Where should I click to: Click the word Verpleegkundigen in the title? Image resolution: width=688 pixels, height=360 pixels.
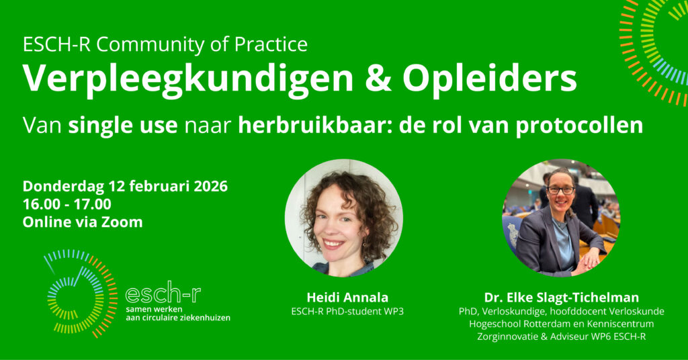pyautogui.click(x=188, y=79)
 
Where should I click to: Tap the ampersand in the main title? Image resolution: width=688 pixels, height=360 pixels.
pyautogui.click(x=378, y=79)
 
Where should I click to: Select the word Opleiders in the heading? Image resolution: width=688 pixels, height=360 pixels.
pyautogui.click(x=489, y=79)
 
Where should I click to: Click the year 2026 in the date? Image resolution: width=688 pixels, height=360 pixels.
pyautogui.click(x=210, y=186)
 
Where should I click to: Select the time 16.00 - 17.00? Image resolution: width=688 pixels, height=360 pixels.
pyautogui.click(x=67, y=204)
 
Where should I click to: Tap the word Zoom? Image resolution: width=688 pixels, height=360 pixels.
pyautogui.click(x=122, y=222)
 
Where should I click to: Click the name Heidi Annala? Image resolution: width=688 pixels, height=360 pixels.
pyautogui.click(x=347, y=298)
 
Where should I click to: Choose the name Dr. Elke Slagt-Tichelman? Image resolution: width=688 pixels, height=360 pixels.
pyautogui.click(x=561, y=298)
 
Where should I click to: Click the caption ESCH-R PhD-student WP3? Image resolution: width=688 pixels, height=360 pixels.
pyautogui.click(x=347, y=312)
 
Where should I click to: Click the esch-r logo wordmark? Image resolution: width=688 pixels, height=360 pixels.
pyautogui.click(x=163, y=294)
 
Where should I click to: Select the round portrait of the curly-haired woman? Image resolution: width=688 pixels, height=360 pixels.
pyautogui.click(x=343, y=218)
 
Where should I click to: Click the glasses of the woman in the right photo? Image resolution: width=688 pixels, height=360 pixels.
pyautogui.click(x=560, y=190)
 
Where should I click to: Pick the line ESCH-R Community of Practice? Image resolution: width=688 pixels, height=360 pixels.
pyautogui.click(x=165, y=45)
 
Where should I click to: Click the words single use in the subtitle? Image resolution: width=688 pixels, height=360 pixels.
pyautogui.click(x=123, y=126)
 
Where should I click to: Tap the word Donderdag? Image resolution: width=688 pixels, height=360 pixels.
pyautogui.click(x=64, y=186)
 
